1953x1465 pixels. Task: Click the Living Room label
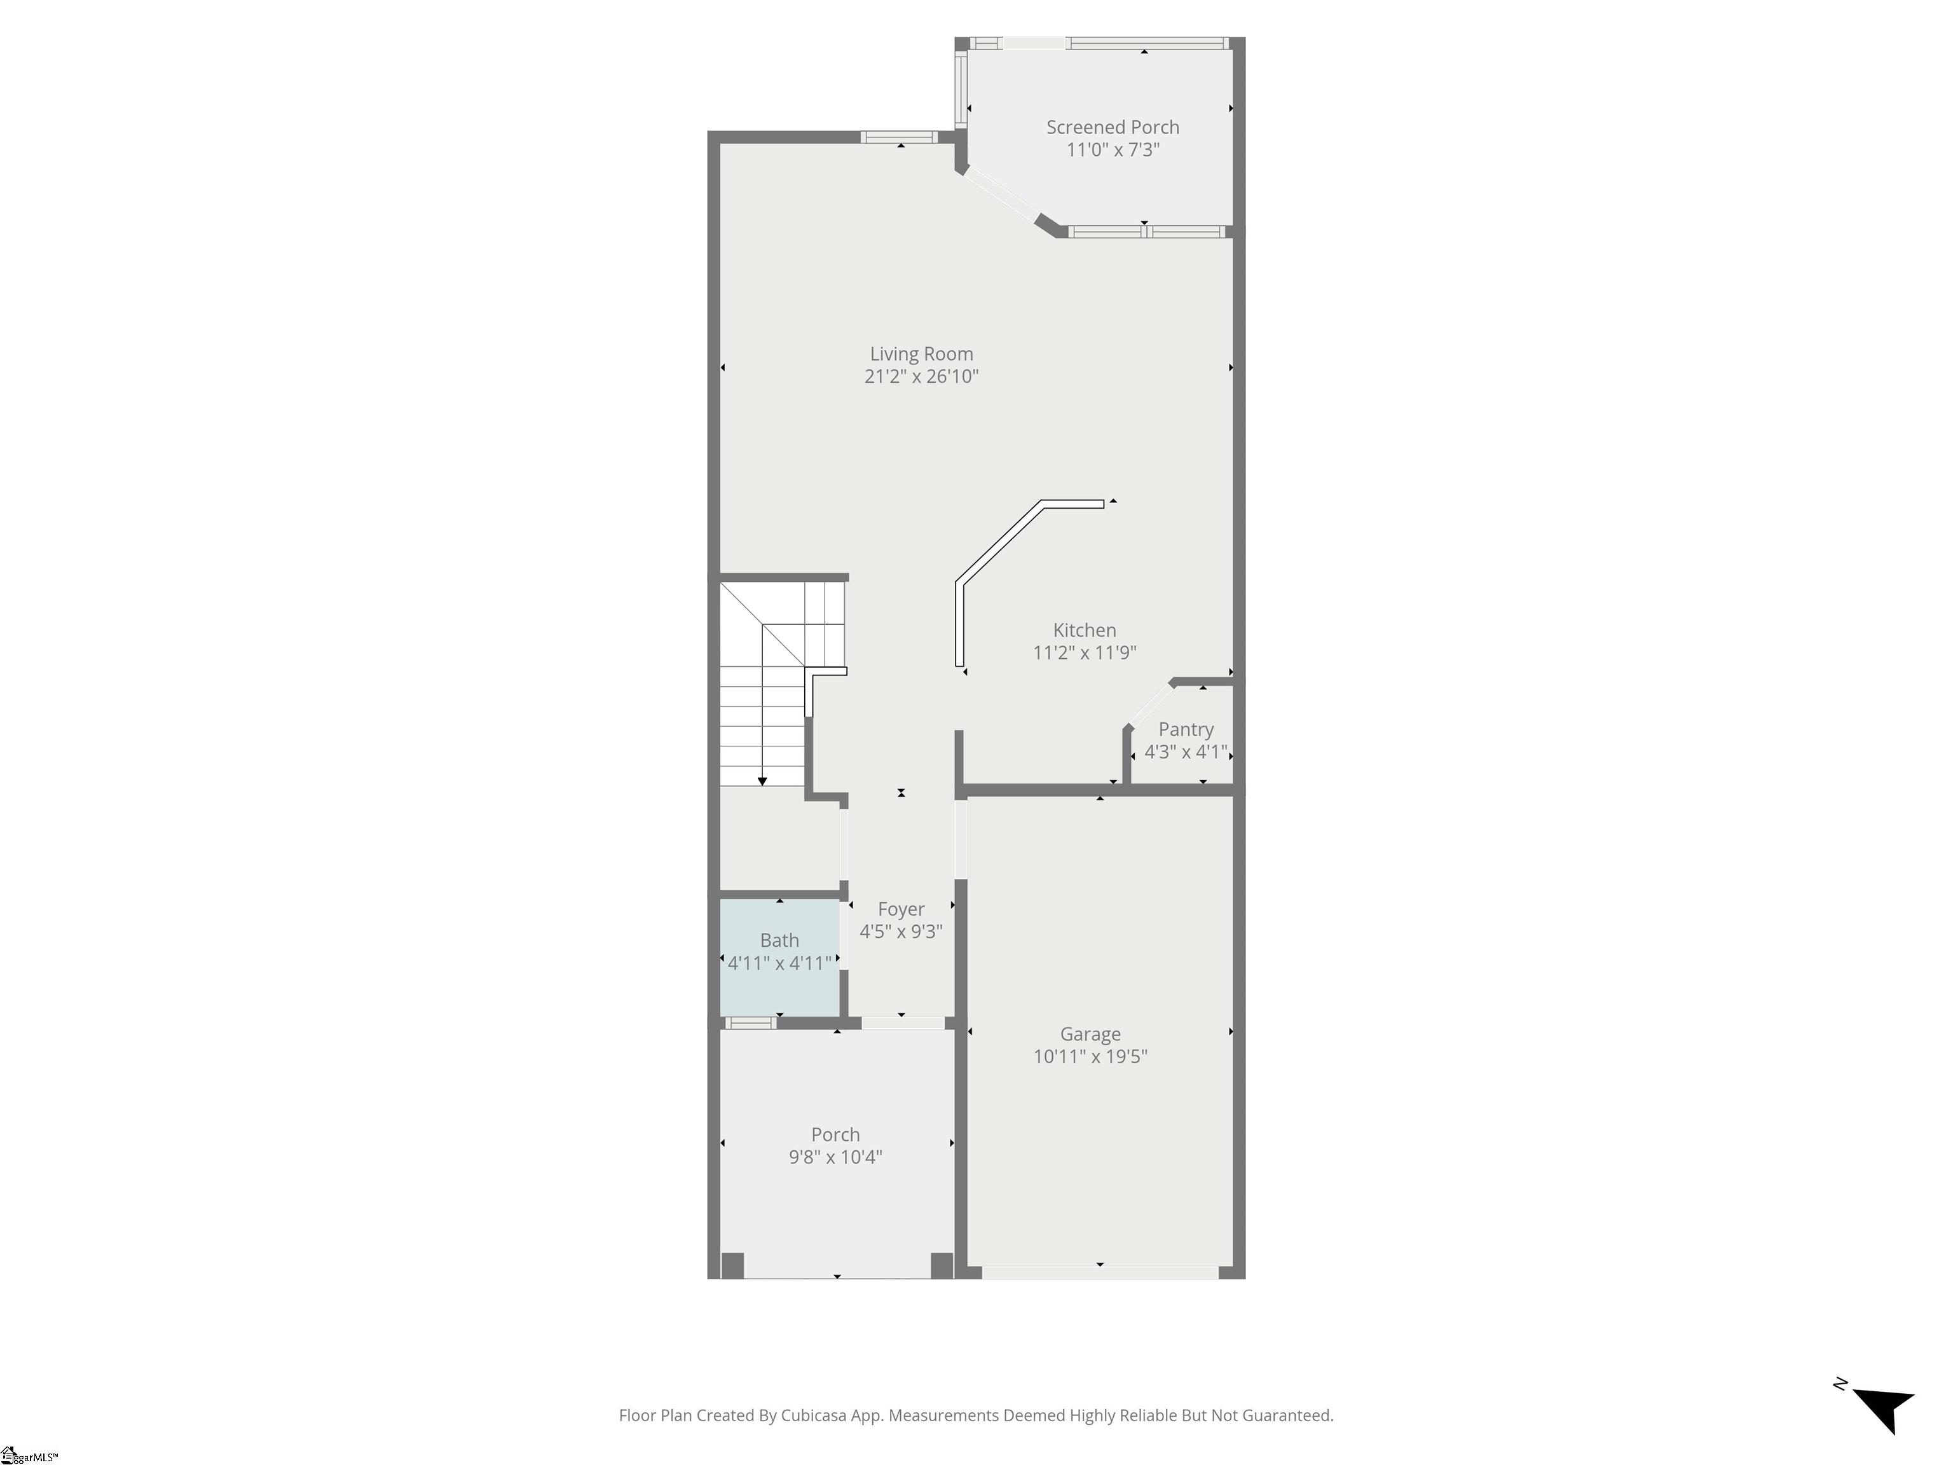tap(921, 354)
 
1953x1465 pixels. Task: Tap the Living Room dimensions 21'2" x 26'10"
tap(921, 377)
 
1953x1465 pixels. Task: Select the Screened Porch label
tap(1113, 127)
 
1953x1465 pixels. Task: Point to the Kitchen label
tap(1084, 631)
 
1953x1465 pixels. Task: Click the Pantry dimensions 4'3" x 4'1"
tap(1186, 752)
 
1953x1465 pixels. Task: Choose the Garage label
tap(1090, 1034)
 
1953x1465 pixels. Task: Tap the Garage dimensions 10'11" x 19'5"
tap(1090, 1057)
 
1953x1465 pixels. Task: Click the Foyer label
tap(901, 909)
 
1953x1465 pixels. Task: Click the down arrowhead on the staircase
tap(762, 781)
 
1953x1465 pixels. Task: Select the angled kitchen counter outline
tap(1015, 565)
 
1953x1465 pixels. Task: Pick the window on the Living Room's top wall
tap(899, 137)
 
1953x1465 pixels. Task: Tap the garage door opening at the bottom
tap(1100, 1272)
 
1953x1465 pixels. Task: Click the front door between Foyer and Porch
tap(902, 1024)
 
